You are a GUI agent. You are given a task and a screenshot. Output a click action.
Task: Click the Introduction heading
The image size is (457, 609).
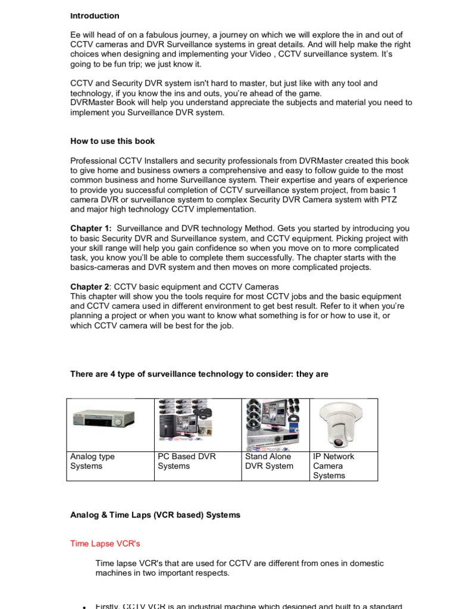click(x=95, y=16)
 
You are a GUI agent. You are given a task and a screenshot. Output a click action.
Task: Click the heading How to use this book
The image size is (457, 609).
click(x=112, y=141)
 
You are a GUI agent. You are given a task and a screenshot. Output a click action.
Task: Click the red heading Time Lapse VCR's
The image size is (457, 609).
click(x=105, y=544)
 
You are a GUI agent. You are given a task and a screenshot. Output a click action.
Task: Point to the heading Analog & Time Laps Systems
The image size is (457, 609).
click(x=155, y=515)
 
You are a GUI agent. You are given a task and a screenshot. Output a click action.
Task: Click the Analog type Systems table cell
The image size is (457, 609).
click(x=93, y=462)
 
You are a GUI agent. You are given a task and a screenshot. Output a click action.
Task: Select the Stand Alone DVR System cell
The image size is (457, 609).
click(x=269, y=462)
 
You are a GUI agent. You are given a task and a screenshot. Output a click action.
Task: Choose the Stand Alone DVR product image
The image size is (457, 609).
click(x=274, y=423)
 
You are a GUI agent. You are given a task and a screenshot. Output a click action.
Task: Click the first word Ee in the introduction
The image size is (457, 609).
click(x=76, y=36)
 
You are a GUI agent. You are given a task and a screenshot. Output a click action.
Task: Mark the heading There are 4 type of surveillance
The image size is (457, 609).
click(x=199, y=374)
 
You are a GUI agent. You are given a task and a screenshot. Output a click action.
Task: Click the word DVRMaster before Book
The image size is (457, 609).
click(x=92, y=103)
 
